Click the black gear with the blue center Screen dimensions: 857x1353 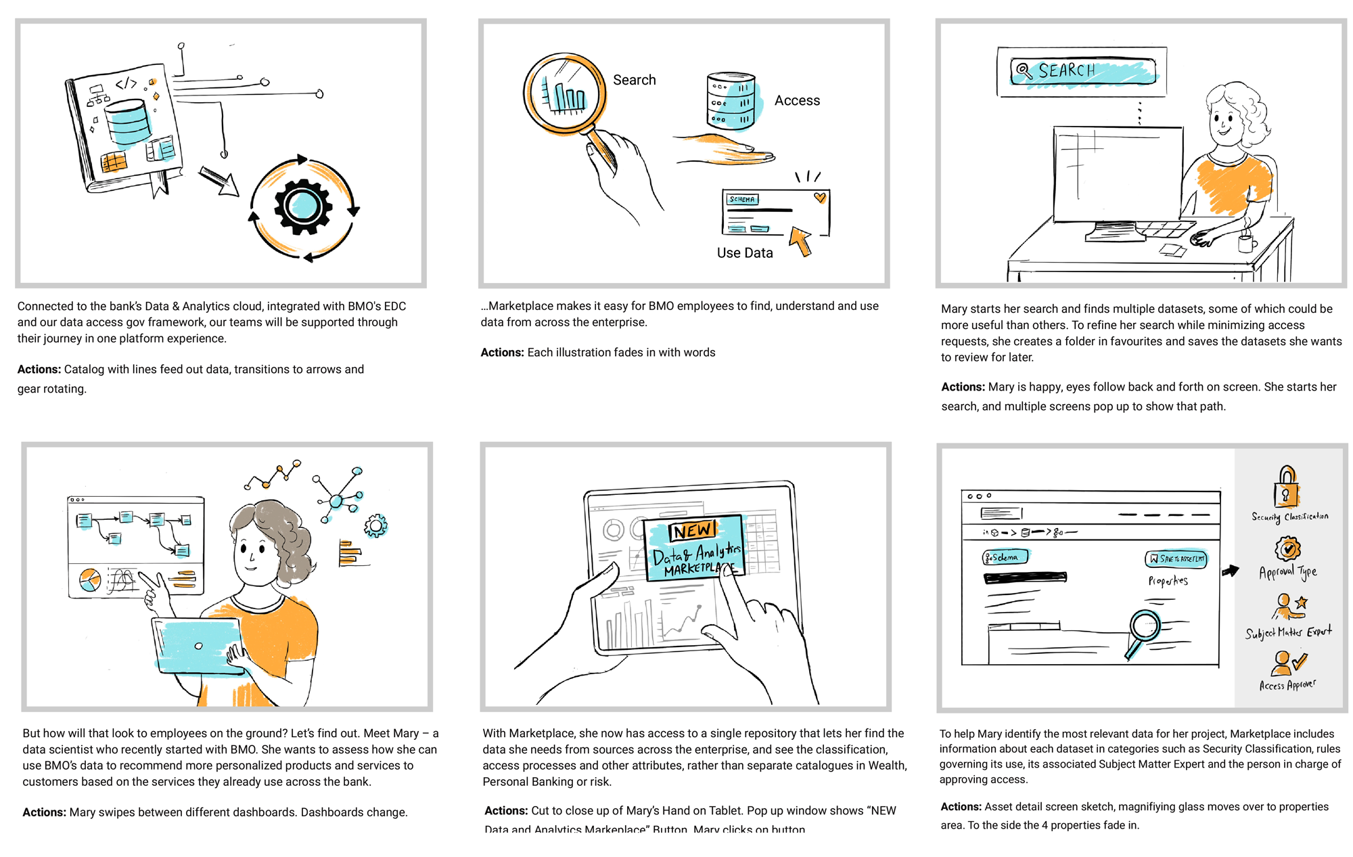click(302, 206)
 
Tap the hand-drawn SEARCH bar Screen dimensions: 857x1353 click(1083, 71)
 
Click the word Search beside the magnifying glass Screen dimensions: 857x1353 click(634, 80)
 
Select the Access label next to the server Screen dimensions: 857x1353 click(797, 101)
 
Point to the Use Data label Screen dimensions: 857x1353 click(744, 253)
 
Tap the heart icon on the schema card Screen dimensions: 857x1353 click(820, 198)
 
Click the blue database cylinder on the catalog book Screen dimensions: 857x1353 click(128, 122)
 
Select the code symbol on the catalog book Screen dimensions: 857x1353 click(126, 84)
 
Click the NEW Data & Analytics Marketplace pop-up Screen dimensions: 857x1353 click(695, 548)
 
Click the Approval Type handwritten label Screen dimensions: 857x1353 click(1287, 573)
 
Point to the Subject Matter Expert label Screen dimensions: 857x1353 click(1288, 632)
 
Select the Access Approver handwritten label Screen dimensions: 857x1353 click(1287, 685)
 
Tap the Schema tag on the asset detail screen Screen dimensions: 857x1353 click(1005, 557)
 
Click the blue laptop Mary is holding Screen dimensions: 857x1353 click(198, 646)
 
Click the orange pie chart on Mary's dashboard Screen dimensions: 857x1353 click(90, 580)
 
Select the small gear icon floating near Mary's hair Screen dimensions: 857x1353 click(375, 526)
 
